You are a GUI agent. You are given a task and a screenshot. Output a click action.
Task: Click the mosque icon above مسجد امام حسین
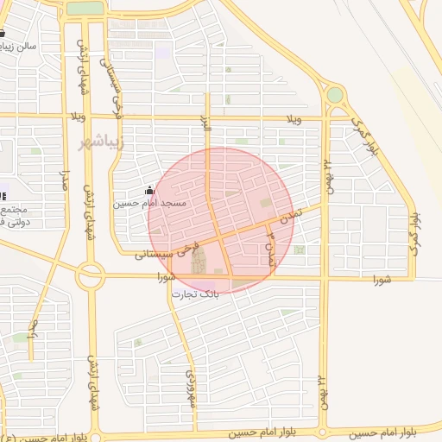[x=149, y=191]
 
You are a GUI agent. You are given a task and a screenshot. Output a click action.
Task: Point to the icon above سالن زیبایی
[x=4, y=34]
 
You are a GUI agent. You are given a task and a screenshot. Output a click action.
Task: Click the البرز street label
[x=206, y=127]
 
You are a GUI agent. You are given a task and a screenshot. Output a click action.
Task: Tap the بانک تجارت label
[x=194, y=294]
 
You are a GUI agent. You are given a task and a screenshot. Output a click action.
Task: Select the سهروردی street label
[x=192, y=388]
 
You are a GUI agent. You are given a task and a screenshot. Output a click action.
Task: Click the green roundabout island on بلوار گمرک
[x=334, y=94]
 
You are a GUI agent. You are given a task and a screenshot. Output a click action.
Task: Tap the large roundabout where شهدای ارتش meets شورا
[x=90, y=276]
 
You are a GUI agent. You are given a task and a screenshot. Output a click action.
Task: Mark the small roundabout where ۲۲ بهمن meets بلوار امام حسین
[x=323, y=429]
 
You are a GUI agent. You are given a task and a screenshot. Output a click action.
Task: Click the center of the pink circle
[x=221, y=220]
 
